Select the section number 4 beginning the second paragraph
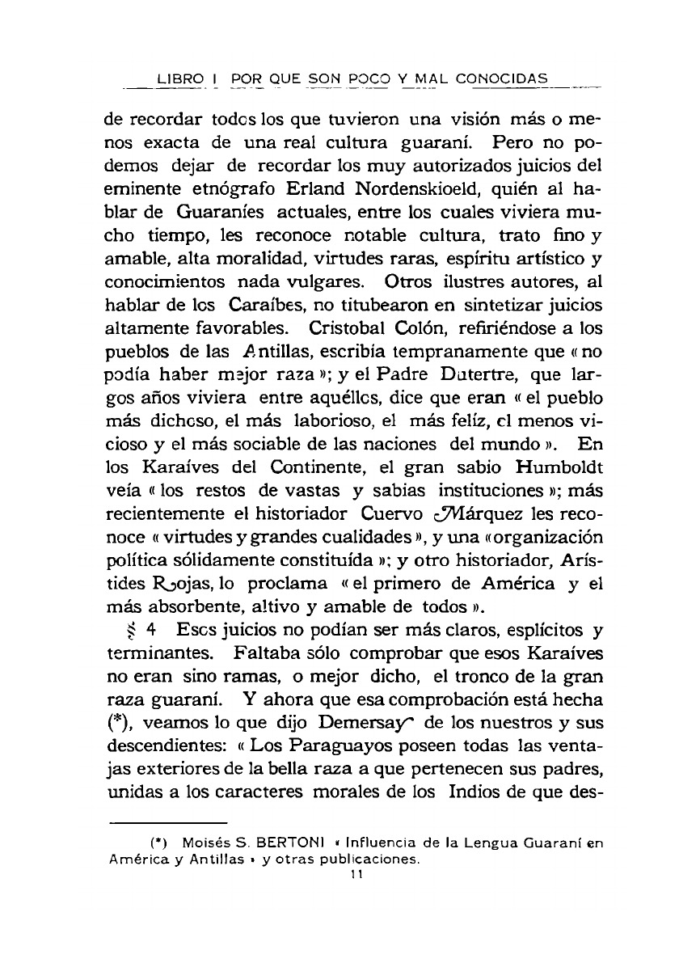pyautogui.click(x=151, y=627)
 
